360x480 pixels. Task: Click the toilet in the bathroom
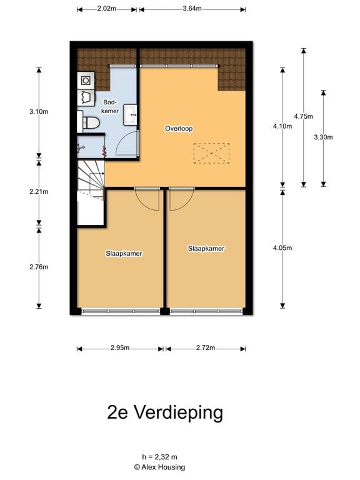click(91, 122)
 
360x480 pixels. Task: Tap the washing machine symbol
click(85, 80)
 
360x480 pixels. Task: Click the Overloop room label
click(179, 129)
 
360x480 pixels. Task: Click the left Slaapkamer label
click(124, 254)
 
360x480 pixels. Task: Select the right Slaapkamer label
click(206, 248)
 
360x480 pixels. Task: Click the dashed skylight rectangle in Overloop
click(211, 153)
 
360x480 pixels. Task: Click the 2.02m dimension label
click(106, 9)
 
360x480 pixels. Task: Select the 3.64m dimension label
click(192, 9)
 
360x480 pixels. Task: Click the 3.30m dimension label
click(323, 137)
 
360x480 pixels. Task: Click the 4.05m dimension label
click(283, 247)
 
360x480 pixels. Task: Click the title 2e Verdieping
click(165, 412)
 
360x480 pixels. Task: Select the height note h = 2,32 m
click(159, 457)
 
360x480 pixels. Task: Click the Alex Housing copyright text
click(159, 467)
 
